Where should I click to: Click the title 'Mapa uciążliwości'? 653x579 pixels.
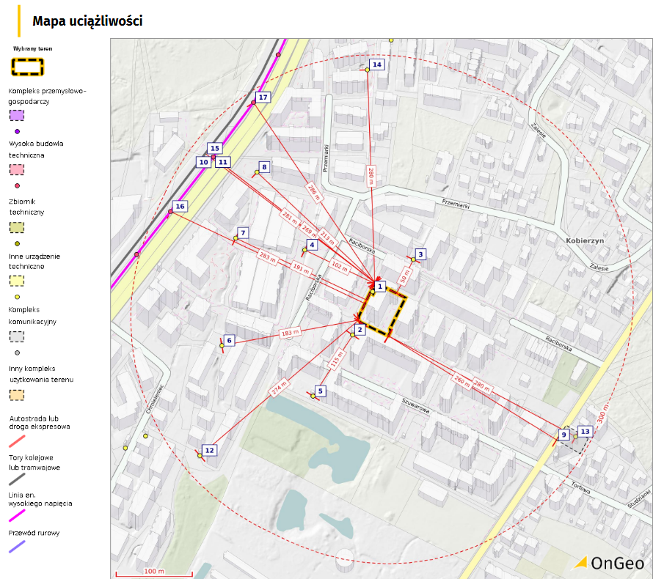click(87, 21)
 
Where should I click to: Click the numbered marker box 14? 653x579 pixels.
click(377, 64)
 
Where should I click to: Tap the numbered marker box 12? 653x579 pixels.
click(209, 450)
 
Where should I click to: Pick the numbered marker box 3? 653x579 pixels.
click(420, 254)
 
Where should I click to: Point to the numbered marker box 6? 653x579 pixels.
click(229, 340)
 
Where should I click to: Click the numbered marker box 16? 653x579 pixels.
click(180, 206)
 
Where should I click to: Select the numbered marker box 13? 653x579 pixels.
click(585, 432)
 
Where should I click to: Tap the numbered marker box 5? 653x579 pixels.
click(320, 391)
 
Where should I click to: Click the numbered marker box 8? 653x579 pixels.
click(264, 167)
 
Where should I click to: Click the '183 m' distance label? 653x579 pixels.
click(291, 333)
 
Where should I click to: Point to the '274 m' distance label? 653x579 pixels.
click(280, 388)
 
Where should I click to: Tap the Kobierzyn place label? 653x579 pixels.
click(584, 240)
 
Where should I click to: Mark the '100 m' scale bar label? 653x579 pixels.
click(154, 570)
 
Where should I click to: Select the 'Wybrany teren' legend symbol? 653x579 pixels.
click(28, 67)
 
